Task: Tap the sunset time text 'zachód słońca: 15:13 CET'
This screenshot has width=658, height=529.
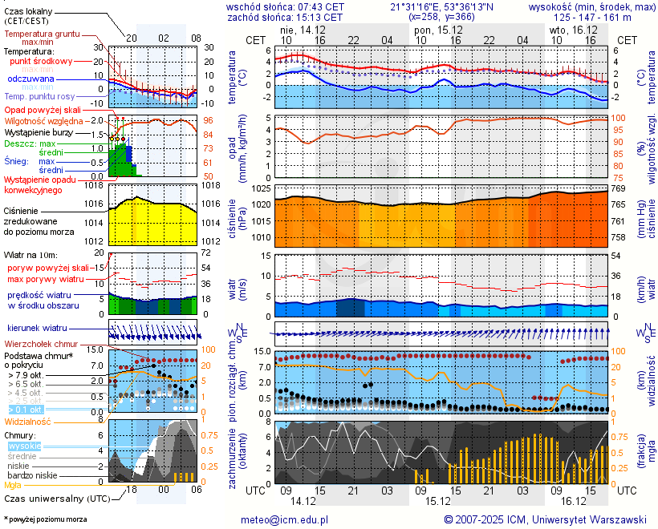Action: [x=285, y=16]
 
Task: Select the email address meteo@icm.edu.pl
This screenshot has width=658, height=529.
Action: [x=285, y=519]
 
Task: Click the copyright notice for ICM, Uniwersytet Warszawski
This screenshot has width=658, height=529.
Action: [x=546, y=519]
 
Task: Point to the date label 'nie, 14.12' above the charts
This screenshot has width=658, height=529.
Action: [x=303, y=29]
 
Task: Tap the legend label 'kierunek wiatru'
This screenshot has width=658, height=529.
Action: [x=37, y=329]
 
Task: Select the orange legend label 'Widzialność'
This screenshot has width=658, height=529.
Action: [x=28, y=421]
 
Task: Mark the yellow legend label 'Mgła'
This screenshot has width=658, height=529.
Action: [x=13, y=485]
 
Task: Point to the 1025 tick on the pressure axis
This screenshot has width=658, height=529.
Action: [x=261, y=188]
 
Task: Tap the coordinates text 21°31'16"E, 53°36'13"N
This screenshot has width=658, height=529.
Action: [x=442, y=6]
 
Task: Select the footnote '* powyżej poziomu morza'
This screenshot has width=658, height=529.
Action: [x=45, y=519]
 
